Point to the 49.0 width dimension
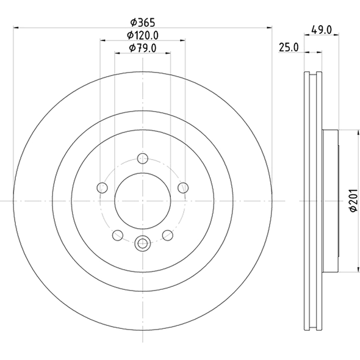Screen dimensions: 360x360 pos(321,29)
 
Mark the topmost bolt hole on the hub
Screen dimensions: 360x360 pos(142,159)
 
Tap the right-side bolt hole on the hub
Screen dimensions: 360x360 pos(182,188)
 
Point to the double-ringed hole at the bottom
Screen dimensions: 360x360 pos(142,243)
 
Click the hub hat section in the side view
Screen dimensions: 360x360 pos(329,201)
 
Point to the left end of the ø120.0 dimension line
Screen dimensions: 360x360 pos(100,40)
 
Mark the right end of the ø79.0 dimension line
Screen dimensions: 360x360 pos(170,54)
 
